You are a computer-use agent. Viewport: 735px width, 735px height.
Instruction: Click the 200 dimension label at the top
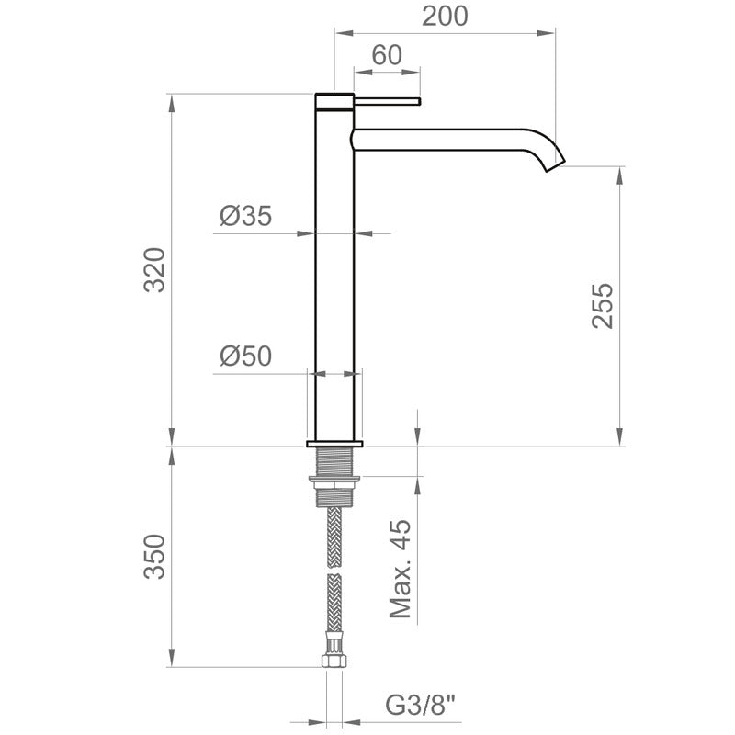click(x=445, y=16)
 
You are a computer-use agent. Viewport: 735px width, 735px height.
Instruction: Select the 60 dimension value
click(x=387, y=55)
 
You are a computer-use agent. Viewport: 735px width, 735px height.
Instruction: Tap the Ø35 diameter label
click(x=245, y=217)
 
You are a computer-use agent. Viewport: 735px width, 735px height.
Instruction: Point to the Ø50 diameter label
click(x=245, y=356)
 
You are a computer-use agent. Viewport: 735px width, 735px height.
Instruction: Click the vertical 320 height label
click(x=157, y=269)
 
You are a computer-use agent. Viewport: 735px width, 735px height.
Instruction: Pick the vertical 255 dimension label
click(x=603, y=305)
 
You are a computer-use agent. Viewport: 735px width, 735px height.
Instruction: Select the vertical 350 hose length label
click(x=157, y=556)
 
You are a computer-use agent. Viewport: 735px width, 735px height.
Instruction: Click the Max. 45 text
click(x=401, y=569)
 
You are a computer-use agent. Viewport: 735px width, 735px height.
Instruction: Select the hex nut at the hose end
click(x=334, y=659)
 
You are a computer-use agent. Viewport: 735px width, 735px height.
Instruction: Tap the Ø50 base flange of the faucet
click(x=334, y=444)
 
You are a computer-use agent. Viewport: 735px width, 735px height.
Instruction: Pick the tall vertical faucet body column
click(x=334, y=276)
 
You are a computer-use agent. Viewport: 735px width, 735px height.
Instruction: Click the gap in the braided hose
click(x=334, y=571)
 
